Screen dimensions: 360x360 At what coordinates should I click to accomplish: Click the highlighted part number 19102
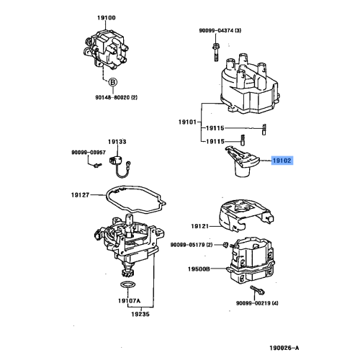282,163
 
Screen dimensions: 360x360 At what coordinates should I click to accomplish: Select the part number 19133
117,142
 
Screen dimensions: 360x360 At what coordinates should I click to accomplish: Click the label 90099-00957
88,152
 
